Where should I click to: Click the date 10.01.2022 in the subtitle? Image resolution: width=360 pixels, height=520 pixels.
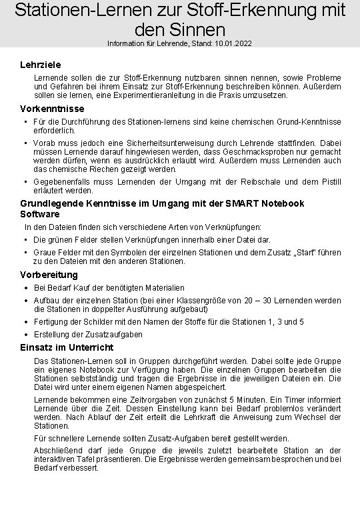233,43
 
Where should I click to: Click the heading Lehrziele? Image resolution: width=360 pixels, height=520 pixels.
41,65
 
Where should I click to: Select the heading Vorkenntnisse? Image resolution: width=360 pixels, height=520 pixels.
52,109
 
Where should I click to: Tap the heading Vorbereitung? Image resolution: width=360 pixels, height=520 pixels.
49,275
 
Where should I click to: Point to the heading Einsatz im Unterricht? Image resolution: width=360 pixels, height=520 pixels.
67,347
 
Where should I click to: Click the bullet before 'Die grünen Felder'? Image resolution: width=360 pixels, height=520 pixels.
25,240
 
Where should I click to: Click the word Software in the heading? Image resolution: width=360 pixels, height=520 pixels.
40,214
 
